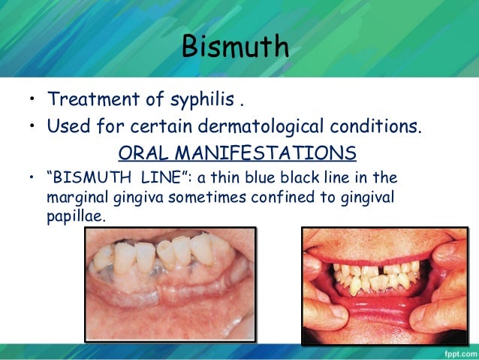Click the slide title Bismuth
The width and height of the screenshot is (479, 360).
pyautogui.click(x=234, y=47)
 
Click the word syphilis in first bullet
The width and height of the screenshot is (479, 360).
pyautogui.click(x=190, y=99)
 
